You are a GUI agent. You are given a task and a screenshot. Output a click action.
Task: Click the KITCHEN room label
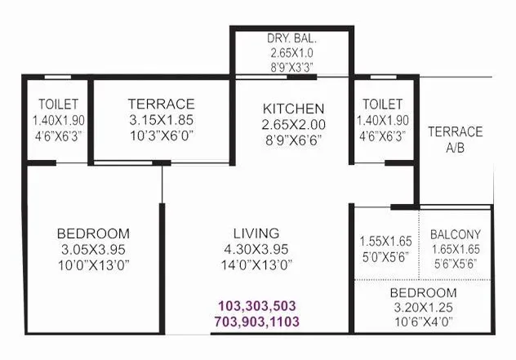pyautogui.click(x=293, y=109)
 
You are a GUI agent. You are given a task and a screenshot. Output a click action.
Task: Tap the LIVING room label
pyautogui.click(x=256, y=233)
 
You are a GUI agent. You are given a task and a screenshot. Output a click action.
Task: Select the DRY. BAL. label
pyautogui.click(x=292, y=38)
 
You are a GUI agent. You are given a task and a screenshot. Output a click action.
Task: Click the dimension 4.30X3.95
pyautogui.click(x=256, y=248)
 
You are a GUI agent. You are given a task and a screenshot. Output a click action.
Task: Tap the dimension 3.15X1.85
pyautogui.click(x=161, y=120)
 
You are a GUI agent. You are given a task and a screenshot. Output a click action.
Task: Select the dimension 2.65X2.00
pyautogui.click(x=293, y=124)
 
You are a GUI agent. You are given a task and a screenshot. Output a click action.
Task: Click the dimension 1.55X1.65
pyautogui.click(x=385, y=242)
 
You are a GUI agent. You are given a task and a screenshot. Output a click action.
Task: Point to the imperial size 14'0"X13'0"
pyautogui.click(x=256, y=264)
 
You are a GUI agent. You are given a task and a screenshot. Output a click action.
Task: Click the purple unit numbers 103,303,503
pyautogui.click(x=256, y=305)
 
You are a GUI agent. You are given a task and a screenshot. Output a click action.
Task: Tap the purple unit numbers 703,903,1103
pyautogui.click(x=256, y=322)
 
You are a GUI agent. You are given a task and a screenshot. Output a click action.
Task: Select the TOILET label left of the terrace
pyautogui.click(x=58, y=104)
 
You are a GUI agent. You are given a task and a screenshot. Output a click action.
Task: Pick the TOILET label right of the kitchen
pyautogui.click(x=383, y=104)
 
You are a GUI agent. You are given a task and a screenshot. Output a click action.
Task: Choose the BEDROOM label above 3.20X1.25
pyautogui.click(x=422, y=292)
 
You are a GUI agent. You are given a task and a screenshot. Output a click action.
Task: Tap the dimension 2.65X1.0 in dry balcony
pyautogui.click(x=292, y=53)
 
